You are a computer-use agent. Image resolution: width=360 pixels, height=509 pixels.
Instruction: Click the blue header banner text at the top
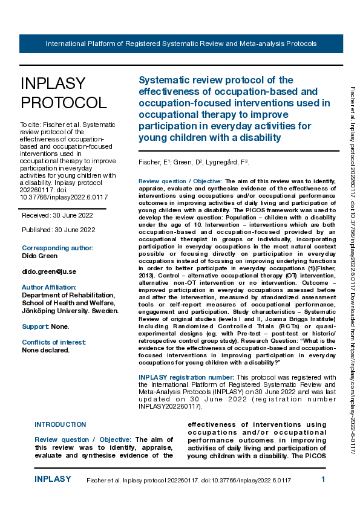(181, 44)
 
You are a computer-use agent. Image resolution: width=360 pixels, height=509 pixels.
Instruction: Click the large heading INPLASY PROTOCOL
(63, 92)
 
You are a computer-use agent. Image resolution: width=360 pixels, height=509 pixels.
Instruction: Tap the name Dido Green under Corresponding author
(41, 256)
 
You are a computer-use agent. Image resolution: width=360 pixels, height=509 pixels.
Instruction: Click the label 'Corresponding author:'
(57, 248)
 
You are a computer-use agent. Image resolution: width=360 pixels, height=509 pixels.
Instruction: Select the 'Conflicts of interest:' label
(54, 342)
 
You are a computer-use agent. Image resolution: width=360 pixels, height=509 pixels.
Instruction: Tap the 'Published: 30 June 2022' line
(59, 230)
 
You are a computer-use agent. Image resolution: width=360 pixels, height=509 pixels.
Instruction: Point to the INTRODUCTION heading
(61, 424)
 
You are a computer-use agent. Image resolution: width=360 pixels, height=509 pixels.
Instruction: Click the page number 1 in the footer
(324, 479)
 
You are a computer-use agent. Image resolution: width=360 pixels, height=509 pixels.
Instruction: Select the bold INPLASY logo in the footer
(53, 479)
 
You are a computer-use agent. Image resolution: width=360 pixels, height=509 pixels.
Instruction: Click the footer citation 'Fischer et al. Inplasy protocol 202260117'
(189, 480)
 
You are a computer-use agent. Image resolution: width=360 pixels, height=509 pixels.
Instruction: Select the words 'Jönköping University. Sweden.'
(70, 311)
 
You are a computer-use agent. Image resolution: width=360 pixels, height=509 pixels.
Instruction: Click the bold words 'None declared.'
(46, 350)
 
